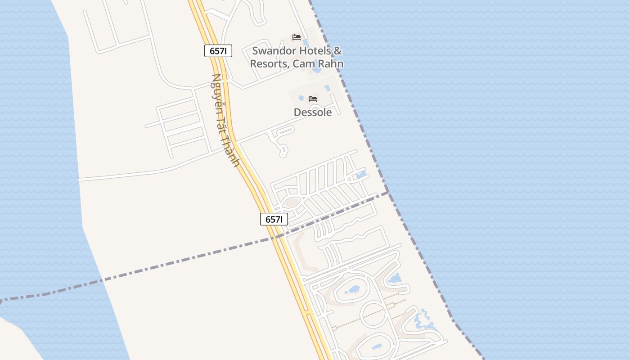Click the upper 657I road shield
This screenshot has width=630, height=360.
click(x=218, y=51)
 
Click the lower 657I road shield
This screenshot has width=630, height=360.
click(x=274, y=220)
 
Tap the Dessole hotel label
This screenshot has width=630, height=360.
click(x=313, y=112)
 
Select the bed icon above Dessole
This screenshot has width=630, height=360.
click(x=313, y=99)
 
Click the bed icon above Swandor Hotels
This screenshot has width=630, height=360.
click(x=296, y=37)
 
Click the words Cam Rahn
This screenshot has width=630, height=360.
click(x=318, y=64)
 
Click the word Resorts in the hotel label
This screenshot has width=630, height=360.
click(x=268, y=64)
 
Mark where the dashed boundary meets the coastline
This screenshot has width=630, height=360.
click(x=388, y=193)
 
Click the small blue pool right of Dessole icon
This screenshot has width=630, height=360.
click(x=327, y=88)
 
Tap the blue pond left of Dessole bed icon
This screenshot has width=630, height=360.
click(x=301, y=98)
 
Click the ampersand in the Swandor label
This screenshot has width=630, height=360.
click(x=338, y=51)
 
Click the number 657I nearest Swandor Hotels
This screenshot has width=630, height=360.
click(x=218, y=51)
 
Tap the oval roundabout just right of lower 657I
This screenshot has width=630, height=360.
click(x=292, y=202)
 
